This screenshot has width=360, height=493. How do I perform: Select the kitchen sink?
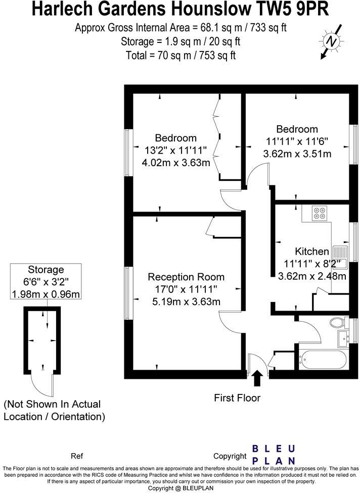pyautogui.click(x=338, y=256)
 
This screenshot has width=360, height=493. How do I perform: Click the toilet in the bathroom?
pyautogui.click(x=337, y=322)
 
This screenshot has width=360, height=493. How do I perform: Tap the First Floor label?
pyautogui.click(x=237, y=398)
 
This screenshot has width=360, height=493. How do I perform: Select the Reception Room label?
pyautogui.click(x=186, y=277)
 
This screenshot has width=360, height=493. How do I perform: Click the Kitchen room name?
pyautogui.click(x=312, y=251)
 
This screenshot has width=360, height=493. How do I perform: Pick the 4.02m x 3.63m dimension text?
pyautogui.click(x=175, y=163)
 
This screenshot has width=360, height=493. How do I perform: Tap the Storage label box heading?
pyautogui.click(x=46, y=270)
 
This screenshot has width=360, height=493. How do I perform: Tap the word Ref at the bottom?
pyautogui.click(x=77, y=456)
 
